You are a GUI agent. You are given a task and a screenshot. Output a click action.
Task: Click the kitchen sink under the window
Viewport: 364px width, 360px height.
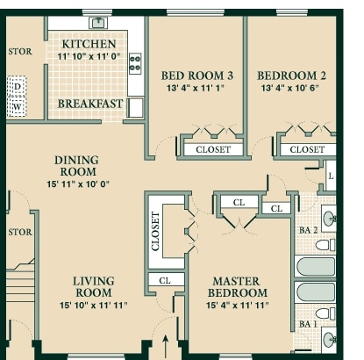[x=98, y=23]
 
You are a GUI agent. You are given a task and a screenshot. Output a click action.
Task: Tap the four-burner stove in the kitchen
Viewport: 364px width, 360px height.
[x=135, y=63]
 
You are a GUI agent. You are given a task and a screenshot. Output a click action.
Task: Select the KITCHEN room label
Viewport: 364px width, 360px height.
[x=89, y=44]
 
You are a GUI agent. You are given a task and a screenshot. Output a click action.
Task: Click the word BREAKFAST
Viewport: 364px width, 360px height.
[x=90, y=104]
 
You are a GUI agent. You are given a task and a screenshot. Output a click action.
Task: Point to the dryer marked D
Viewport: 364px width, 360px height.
[x=18, y=86]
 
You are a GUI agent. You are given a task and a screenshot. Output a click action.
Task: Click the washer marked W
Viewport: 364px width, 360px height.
[x=18, y=107]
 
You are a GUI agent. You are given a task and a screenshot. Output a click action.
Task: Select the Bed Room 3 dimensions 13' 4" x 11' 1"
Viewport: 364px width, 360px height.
[x=196, y=88]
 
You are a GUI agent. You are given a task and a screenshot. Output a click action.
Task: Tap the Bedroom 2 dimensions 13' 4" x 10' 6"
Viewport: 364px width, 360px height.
[x=290, y=88]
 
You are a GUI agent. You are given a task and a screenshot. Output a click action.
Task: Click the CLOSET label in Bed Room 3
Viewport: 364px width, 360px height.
[x=213, y=149]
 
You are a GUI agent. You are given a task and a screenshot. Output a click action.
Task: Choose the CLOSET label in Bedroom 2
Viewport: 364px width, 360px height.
[x=307, y=149]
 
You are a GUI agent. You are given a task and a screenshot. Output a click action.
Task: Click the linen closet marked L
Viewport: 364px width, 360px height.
[x=331, y=176]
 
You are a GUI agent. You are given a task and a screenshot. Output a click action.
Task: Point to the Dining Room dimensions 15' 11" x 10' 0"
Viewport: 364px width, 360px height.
[x=78, y=184]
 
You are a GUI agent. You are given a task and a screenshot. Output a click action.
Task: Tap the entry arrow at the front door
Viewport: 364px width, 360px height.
[x=166, y=347]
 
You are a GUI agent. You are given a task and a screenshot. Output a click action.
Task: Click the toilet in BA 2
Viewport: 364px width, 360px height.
[x=325, y=245]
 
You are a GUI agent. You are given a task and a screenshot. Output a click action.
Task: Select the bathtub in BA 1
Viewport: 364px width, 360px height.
[x=316, y=292]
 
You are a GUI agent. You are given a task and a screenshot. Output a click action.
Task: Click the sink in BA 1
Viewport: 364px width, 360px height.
[x=330, y=340]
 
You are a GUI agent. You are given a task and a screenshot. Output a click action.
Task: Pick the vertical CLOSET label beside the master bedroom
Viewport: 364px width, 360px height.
[x=155, y=231]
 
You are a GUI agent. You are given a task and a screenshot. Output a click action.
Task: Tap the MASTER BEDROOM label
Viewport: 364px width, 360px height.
[x=237, y=287]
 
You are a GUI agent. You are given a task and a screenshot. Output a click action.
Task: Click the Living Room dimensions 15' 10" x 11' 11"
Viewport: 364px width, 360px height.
[x=94, y=306]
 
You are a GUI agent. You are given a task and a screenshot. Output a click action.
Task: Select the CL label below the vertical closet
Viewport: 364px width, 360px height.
[x=165, y=281]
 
